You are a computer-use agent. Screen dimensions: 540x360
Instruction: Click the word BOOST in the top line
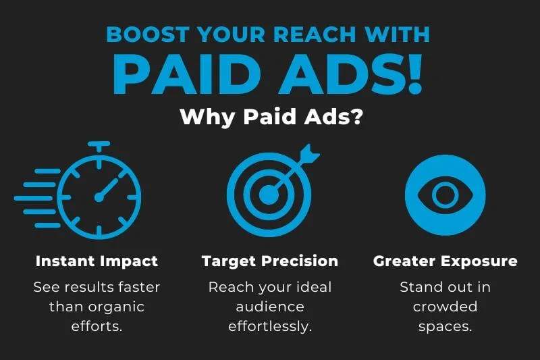(x=148, y=34)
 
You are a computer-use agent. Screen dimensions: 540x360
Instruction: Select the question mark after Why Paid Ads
(x=354, y=116)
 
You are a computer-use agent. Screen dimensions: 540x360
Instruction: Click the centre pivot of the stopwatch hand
(x=99, y=197)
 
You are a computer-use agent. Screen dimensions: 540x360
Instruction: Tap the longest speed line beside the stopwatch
(x=33, y=198)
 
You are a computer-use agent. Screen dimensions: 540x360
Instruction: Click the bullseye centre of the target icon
(x=268, y=195)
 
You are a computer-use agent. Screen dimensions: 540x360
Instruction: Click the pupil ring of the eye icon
(x=445, y=195)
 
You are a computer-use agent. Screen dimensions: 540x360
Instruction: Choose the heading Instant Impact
(x=97, y=261)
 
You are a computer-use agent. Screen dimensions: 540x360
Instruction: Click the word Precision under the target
(x=300, y=261)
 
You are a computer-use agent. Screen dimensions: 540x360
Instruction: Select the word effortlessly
(x=270, y=326)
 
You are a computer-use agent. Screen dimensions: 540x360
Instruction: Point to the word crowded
(x=445, y=306)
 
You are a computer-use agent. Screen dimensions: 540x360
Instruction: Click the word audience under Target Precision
(x=270, y=307)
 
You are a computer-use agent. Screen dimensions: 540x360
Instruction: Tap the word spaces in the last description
(x=445, y=327)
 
